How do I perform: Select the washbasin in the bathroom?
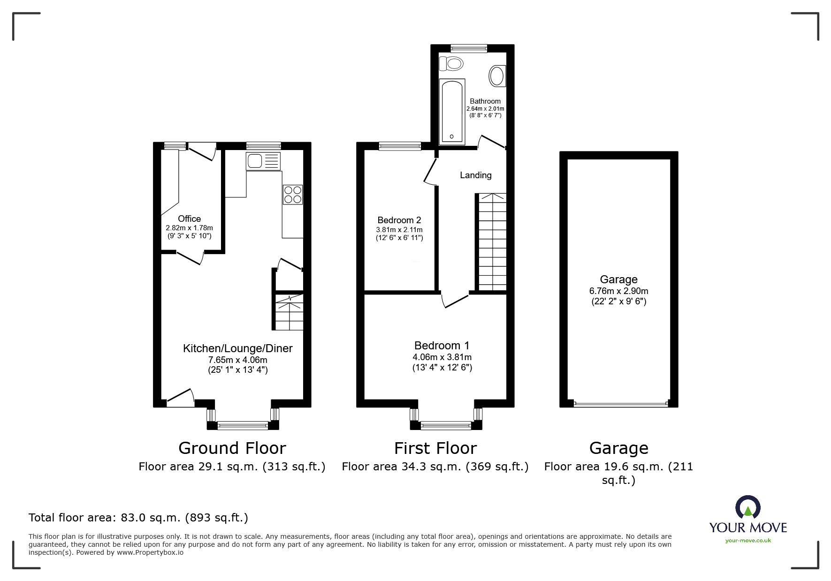(x=497, y=76)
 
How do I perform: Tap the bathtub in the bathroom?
(x=452, y=112)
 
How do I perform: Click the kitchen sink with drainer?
(x=263, y=161)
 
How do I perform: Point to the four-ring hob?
(x=292, y=195)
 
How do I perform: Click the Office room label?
(x=189, y=219)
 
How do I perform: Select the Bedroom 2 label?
(x=399, y=220)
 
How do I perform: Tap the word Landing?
(x=475, y=175)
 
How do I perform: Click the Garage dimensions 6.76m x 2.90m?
(x=618, y=291)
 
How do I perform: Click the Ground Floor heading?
(x=232, y=448)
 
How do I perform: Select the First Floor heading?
(x=435, y=448)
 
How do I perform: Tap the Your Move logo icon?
(x=747, y=508)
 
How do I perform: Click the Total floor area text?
(x=138, y=518)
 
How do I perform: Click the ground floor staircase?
(x=289, y=312)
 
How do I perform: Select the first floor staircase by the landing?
(x=492, y=241)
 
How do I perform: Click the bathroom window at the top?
(x=468, y=48)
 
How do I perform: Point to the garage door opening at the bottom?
(x=619, y=403)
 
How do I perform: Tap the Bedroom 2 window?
(x=400, y=146)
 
